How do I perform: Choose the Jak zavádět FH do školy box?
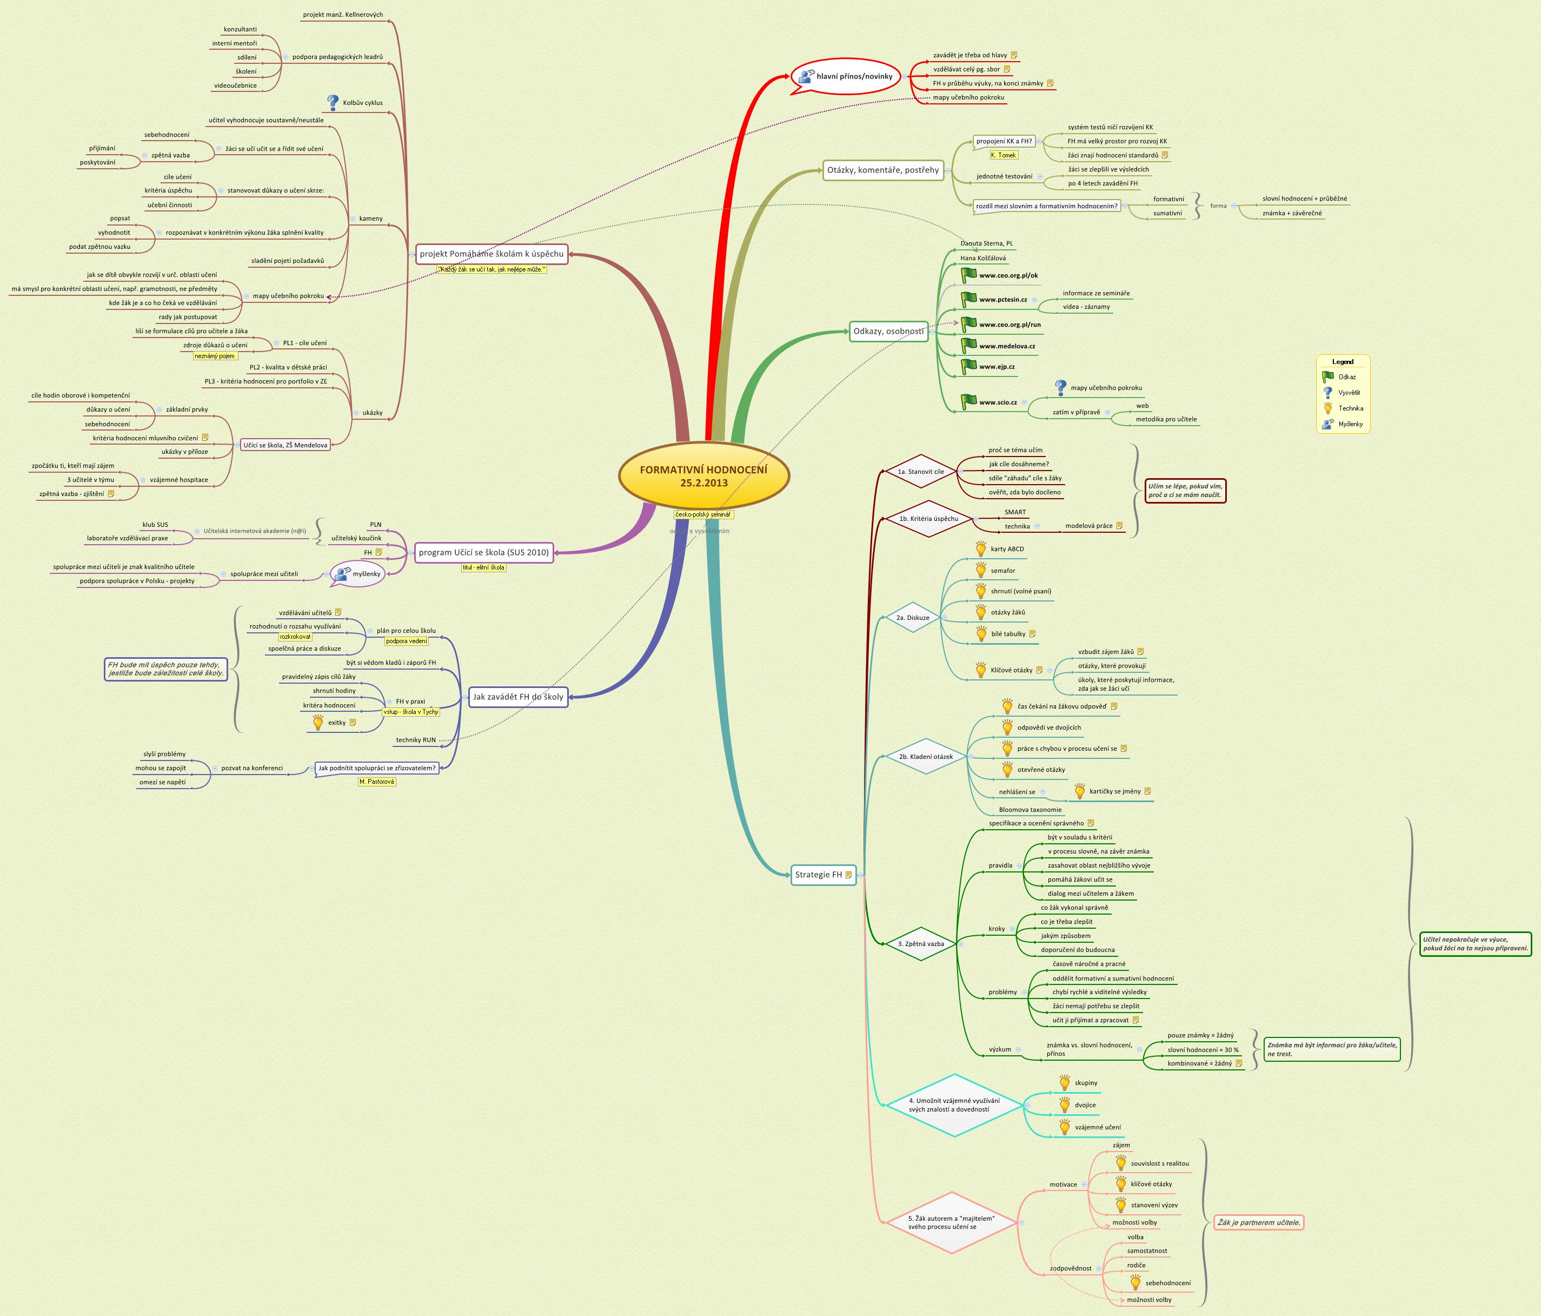(x=519, y=697)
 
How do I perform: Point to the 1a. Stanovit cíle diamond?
(x=921, y=472)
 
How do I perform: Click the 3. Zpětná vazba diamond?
(x=921, y=944)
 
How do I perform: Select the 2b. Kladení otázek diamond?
(x=925, y=757)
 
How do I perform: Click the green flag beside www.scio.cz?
(x=968, y=402)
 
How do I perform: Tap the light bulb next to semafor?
(x=981, y=571)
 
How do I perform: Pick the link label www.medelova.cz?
(x=1006, y=346)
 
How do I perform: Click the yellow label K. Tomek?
(x=1004, y=155)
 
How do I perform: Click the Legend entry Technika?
(x=1351, y=408)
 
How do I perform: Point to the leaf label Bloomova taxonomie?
(x=1030, y=810)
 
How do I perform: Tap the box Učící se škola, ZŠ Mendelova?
(x=285, y=445)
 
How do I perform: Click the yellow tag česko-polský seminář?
(x=703, y=514)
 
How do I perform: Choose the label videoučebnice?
(x=235, y=85)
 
